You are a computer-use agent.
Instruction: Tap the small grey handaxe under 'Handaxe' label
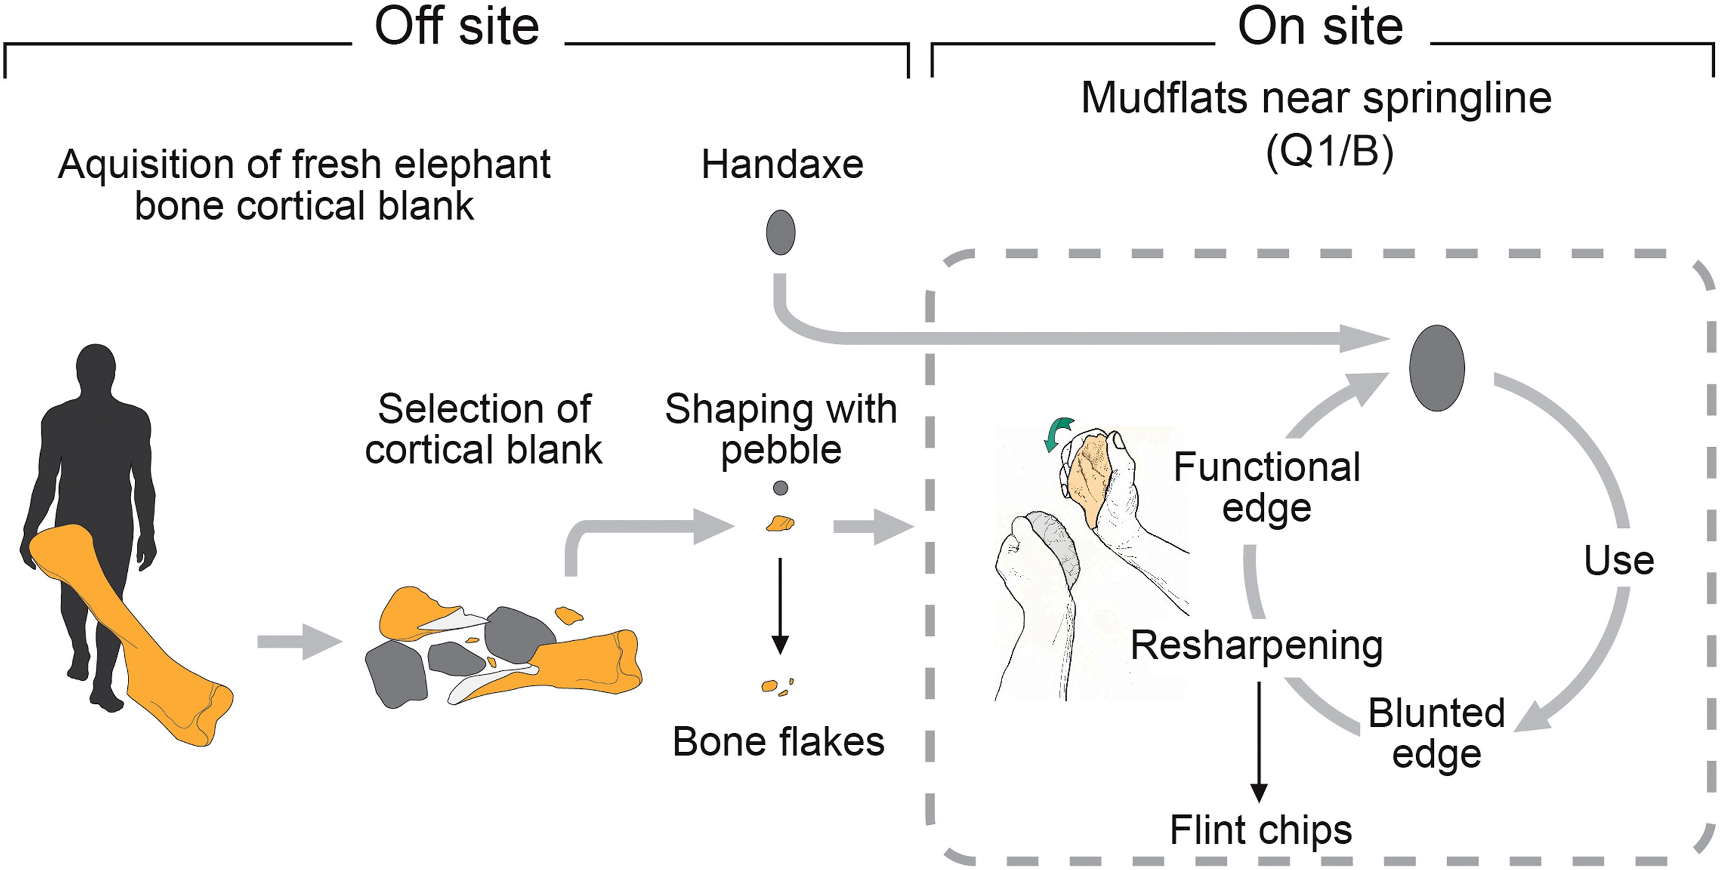[x=780, y=232]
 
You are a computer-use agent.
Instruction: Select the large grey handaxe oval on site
[x=1436, y=368]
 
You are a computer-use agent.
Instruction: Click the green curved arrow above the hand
[x=1058, y=433]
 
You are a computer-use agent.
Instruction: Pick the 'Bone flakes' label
[x=778, y=741]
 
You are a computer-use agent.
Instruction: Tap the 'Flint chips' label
[x=1261, y=830]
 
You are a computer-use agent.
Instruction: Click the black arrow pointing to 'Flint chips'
[x=1258, y=741]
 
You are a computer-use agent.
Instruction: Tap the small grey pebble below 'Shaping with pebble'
[x=780, y=488]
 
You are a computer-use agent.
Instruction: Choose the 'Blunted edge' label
[x=1436, y=733]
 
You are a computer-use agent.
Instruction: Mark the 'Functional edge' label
[x=1266, y=487]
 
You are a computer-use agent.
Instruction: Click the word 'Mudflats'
[x=1164, y=98]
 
